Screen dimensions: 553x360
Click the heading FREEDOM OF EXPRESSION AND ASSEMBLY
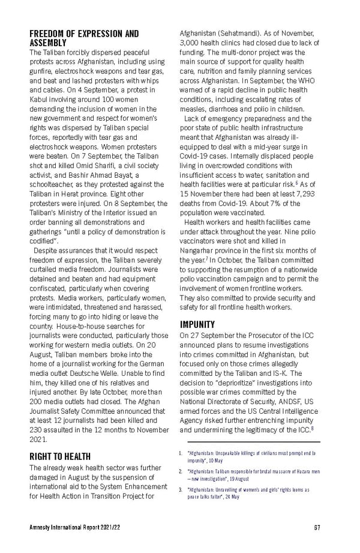84,38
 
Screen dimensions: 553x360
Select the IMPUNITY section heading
199,325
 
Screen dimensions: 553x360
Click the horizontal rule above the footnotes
250,441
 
